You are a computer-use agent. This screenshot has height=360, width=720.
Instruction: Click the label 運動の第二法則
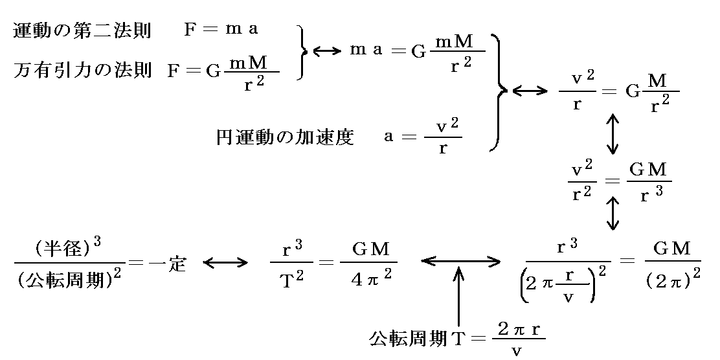82,32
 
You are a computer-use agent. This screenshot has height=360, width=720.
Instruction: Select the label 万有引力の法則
82,71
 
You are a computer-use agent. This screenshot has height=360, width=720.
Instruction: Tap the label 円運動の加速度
285,137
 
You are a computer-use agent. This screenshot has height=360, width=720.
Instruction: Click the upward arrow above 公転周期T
458,298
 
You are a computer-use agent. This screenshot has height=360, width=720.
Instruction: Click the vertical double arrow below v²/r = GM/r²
611,135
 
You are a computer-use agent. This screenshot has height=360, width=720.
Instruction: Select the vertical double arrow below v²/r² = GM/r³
611,214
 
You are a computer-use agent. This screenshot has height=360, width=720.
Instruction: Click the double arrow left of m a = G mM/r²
326,49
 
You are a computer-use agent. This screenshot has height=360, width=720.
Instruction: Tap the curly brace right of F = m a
302,52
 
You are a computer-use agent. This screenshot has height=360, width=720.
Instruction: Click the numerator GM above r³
647,170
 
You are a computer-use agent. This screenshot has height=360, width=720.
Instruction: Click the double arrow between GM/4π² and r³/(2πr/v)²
460,261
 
